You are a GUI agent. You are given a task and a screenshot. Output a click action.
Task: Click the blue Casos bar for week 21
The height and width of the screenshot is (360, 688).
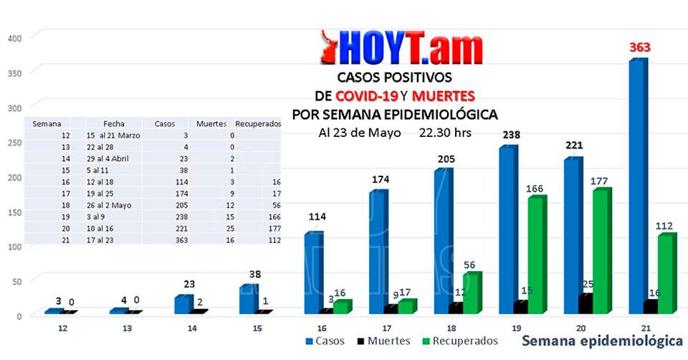pos(636,186)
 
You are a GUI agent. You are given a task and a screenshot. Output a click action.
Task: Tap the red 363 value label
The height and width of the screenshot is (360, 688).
pos(639,47)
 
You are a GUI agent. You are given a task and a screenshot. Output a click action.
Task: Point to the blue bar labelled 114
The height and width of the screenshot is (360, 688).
pos(313,273)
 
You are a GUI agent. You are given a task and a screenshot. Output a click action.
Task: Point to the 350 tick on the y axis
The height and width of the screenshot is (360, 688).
pos(16,72)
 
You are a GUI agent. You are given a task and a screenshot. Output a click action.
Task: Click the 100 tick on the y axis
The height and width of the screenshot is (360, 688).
pos(16,246)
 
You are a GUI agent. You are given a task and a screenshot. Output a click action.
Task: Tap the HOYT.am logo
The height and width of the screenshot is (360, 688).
pos(401,48)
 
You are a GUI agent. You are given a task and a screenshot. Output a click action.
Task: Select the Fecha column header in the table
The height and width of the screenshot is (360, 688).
pos(114,123)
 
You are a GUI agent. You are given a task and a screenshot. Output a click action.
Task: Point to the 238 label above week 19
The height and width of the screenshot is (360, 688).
pos(512,135)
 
